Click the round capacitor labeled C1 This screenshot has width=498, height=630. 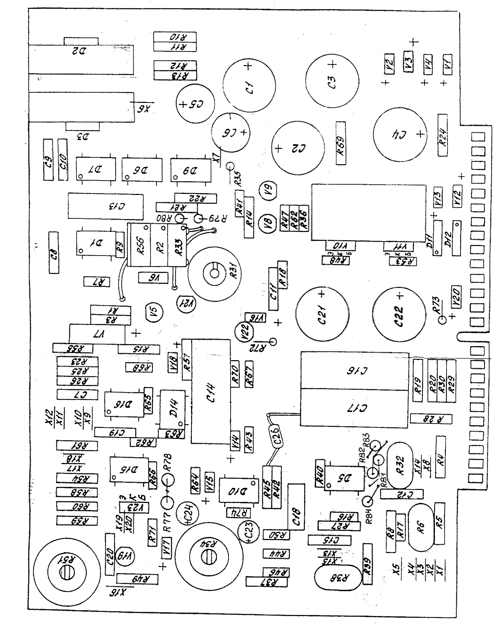click(x=249, y=85)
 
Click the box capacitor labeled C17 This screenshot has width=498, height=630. click(x=354, y=408)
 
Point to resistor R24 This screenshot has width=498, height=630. click(x=443, y=135)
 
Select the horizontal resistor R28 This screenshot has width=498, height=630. click(x=431, y=419)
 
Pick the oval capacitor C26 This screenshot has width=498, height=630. click(x=276, y=436)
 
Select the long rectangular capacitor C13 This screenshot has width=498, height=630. click(x=106, y=205)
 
